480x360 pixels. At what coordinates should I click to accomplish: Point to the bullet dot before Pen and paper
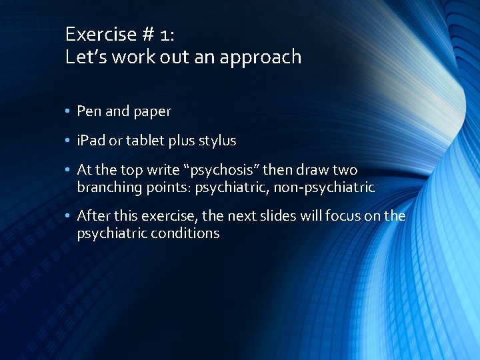click(x=69, y=112)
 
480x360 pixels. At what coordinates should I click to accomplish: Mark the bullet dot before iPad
click(x=69, y=141)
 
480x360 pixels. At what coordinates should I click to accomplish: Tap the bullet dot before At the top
click(x=69, y=171)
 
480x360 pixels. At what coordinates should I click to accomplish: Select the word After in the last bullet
click(x=93, y=215)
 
